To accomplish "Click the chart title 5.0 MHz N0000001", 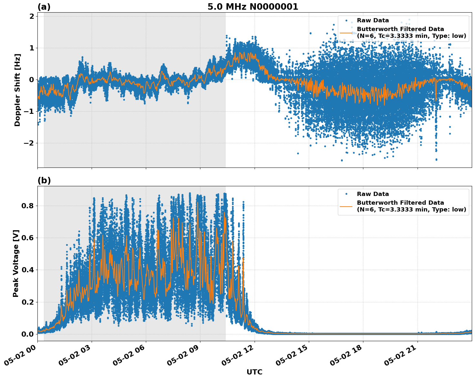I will [253, 7].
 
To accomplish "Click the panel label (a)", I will [44, 7].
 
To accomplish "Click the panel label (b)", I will [44, 180].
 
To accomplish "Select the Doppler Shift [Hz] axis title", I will [17, 90].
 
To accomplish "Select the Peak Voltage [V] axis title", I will [16, 263].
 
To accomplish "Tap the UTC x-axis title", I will [254, 372].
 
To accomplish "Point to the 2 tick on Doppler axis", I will [32, 16].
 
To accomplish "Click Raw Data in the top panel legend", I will [373, 20].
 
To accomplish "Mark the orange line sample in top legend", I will [346, 33].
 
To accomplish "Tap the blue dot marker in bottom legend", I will [346, 194].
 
